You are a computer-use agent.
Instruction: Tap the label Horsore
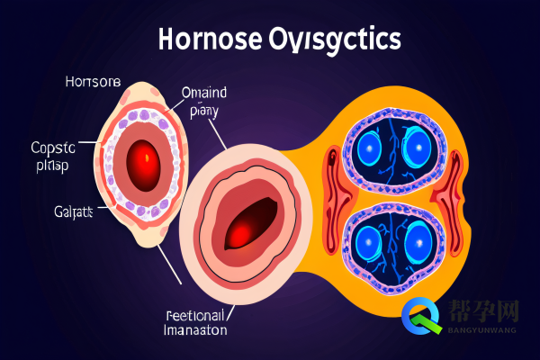pyautogui.click(x=92, y=82)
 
